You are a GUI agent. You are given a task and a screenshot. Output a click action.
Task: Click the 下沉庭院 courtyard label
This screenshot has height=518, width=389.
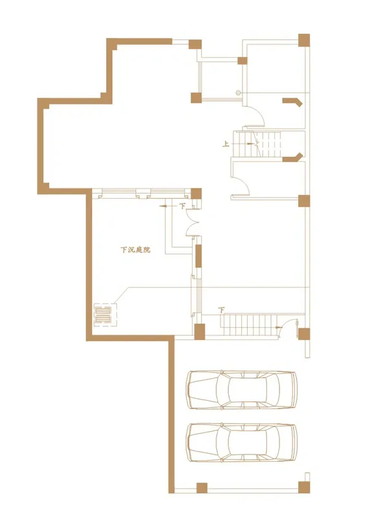[136, 250]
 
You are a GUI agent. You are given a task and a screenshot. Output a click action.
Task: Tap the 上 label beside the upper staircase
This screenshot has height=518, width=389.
[226, 144]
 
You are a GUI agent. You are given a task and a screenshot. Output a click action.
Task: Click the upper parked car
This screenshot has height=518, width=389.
[242, 390]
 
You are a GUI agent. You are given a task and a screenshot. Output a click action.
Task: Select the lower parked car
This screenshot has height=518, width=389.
[242, 443]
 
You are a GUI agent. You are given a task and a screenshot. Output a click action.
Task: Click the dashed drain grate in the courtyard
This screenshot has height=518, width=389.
[106, 315]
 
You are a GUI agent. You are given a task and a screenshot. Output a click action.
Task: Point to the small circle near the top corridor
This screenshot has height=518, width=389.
[238, 93]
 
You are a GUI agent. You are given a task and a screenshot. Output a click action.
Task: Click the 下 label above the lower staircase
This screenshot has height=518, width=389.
[221, 310]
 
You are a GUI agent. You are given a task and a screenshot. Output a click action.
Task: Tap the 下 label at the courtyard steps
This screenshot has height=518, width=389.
[183, 206]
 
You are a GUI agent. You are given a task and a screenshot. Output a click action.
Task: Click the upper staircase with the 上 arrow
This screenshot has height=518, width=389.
[257, 144]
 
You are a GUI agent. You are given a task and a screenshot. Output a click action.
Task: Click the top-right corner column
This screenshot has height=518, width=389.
[304, 40]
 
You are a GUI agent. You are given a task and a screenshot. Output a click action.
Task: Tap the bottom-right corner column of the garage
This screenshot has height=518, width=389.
[304, 488]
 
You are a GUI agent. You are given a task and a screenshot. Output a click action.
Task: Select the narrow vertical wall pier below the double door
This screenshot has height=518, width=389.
[198, 256]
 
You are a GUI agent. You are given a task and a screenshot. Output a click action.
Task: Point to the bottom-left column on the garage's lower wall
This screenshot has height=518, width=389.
[202, 488]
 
